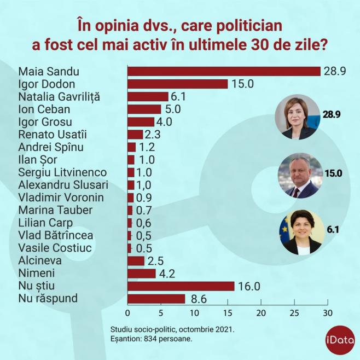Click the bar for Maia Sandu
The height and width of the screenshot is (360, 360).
224,71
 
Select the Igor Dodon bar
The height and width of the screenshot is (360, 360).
177,84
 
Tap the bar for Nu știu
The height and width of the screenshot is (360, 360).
181,286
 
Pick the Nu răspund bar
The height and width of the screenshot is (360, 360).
156,299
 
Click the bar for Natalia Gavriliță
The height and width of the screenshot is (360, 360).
148,96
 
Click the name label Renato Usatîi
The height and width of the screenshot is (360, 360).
53,134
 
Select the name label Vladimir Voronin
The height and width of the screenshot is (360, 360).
61,198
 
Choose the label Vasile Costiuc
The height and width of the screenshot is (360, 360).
54,248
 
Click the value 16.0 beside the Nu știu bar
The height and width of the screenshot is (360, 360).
248,286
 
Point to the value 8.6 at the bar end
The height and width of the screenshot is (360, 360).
196,299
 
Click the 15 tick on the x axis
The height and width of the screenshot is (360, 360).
228,313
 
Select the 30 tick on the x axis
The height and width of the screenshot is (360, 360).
327,313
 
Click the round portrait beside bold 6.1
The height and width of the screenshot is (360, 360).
300,231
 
